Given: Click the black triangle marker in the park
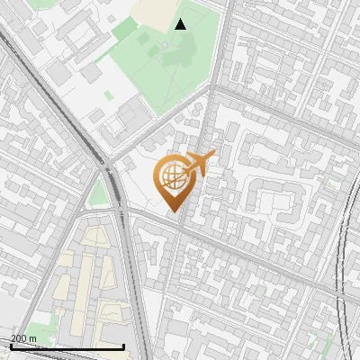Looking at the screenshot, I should (181, 23).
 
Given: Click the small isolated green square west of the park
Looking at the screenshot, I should (108, 94).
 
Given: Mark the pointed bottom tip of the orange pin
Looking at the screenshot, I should (171, 211).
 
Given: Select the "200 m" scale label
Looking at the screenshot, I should (23, 338).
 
